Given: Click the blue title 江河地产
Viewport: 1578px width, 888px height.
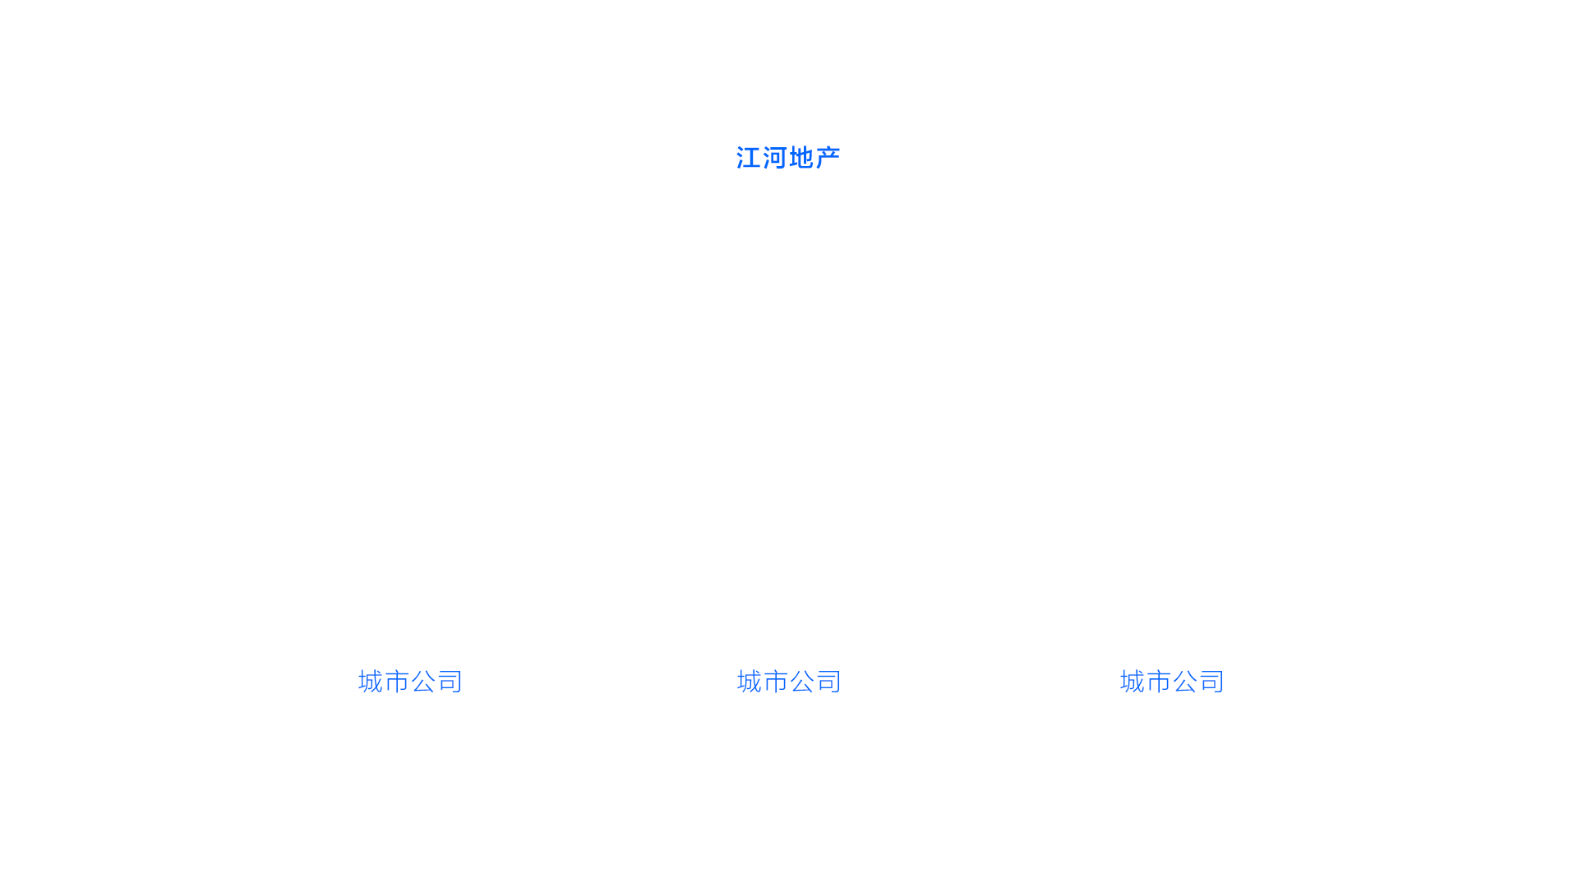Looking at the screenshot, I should [787, 157].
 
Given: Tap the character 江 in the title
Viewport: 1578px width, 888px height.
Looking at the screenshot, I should [748, 157].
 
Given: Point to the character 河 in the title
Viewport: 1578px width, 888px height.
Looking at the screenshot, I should [774, 157].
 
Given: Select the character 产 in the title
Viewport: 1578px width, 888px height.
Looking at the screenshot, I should [828, 157].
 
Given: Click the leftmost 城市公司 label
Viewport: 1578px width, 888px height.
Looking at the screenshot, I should [410, 682].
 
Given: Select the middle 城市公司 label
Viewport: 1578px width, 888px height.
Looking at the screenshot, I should [789, 682].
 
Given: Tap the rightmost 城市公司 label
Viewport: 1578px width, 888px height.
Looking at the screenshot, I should [1172, 682].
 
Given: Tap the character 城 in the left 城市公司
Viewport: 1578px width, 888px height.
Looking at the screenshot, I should [371, 682].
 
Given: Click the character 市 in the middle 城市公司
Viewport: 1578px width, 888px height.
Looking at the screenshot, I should [776, 682].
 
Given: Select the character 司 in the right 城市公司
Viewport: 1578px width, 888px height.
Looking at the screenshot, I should [1211, 682].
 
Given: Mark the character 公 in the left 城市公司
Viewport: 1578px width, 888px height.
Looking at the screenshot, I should [423, 682].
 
